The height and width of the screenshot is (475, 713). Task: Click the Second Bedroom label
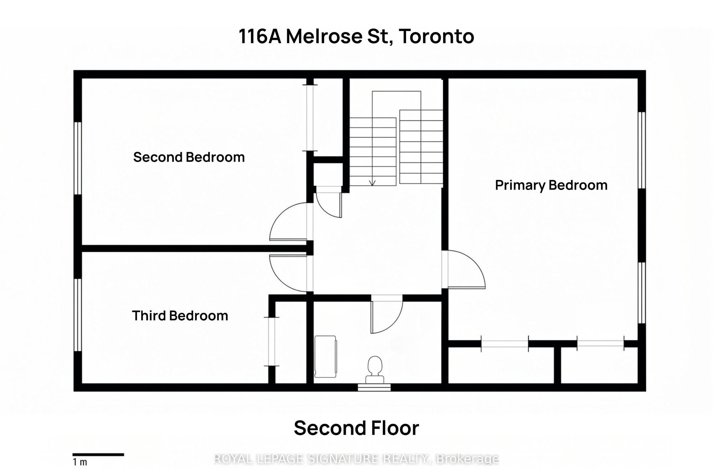189,157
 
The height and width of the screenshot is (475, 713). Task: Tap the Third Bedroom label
180,316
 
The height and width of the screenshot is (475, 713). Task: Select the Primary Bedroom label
551,185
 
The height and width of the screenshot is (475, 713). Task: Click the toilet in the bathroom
375,370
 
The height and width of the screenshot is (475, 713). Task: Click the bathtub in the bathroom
325,356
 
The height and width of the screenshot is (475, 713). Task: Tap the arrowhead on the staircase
372,182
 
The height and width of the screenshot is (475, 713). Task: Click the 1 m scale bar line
98,454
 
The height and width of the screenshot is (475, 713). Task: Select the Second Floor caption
356,428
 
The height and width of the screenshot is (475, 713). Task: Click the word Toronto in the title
436,36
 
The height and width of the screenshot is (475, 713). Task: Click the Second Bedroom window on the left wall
78,158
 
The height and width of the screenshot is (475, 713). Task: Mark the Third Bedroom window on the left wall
78,315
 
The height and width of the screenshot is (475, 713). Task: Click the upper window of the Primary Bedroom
642,150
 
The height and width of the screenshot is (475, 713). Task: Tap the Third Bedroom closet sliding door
272,341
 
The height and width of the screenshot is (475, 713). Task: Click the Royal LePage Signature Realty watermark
356,459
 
